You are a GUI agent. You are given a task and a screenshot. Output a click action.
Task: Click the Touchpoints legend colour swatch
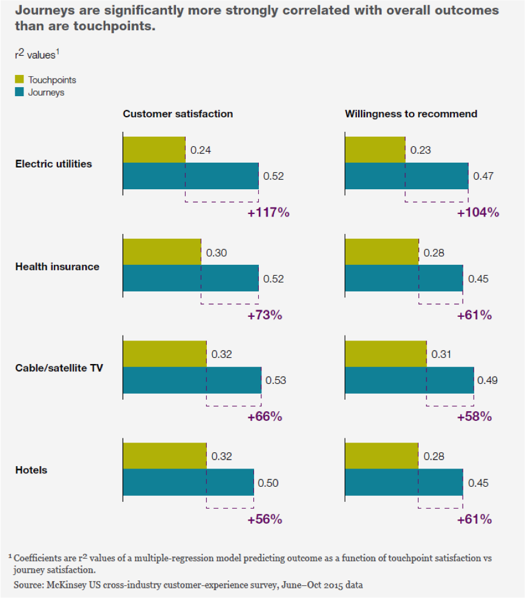point(19,80)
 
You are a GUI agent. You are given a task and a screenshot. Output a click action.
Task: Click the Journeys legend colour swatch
point(19,93)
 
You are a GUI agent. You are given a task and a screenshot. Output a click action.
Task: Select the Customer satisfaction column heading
point(178,114)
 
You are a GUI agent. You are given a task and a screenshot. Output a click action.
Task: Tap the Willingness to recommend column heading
point(411,114)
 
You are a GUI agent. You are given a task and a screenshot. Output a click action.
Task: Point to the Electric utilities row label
point(54,164)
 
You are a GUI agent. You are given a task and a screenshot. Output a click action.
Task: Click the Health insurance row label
point(57,267)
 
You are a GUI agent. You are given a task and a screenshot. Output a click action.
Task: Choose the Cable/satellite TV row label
point(59,368)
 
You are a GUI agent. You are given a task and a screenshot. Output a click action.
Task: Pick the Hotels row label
point(31,470)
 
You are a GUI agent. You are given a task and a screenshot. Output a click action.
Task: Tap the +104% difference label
point(478,213)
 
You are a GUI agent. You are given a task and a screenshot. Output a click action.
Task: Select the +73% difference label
point(265,315)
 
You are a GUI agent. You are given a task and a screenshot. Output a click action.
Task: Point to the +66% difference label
point(265,417)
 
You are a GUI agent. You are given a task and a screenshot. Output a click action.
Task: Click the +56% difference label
point(265,519)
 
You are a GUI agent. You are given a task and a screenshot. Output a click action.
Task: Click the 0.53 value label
point(276,381)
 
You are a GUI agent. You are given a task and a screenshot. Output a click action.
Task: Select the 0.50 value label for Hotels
point(268,483)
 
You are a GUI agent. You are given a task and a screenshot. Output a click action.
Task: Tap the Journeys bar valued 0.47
point(406,177)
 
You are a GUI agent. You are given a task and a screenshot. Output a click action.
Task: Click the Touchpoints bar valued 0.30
point(161,252)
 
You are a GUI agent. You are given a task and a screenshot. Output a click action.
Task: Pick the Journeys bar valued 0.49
point(409,380)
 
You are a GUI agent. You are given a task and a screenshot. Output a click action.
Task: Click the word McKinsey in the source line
point(67,585)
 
